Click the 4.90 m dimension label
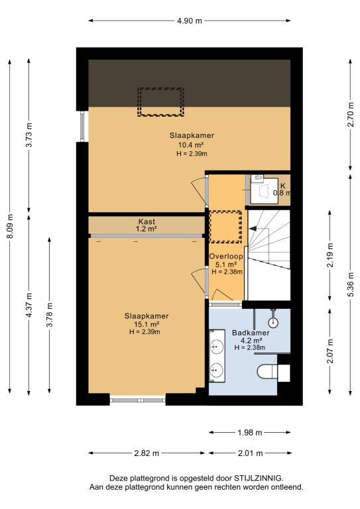coord(189,21)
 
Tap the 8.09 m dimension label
coord(10,226)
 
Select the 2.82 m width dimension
coord(147,453)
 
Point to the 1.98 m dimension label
coord(250,432)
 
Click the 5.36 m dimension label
coord(350,284)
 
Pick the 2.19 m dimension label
coord(330,254)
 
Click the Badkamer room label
coord(251,333)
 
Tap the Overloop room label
coord(226,256)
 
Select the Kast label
coord(147,222)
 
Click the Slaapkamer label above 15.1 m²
coord(147,316)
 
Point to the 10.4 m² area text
coord(192,144)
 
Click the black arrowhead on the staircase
coord(253,229)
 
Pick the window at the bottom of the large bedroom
coord(138,400)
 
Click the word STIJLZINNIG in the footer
coord(258,478)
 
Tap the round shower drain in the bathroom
coord(273,322)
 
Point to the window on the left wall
coord(82,127)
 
